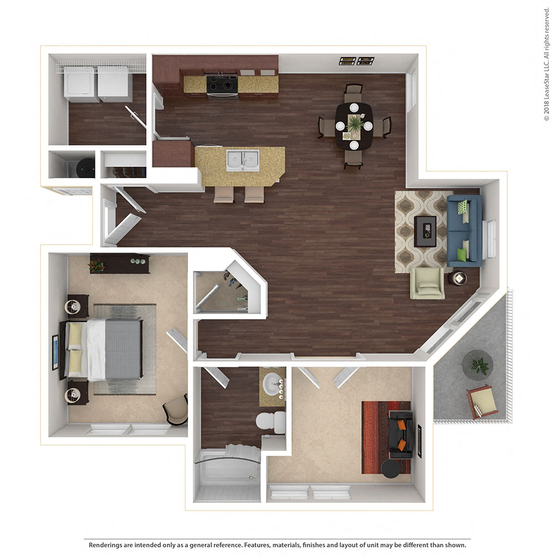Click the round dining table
point(354,125)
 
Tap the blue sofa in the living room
point(464,230)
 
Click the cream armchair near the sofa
point(427,283)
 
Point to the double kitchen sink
point(242,160)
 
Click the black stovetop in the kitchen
point(222,84)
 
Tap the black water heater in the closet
point(85,166)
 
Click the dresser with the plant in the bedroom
point(119,264)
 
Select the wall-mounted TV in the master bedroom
point(55,353)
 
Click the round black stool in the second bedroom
point(391,468)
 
